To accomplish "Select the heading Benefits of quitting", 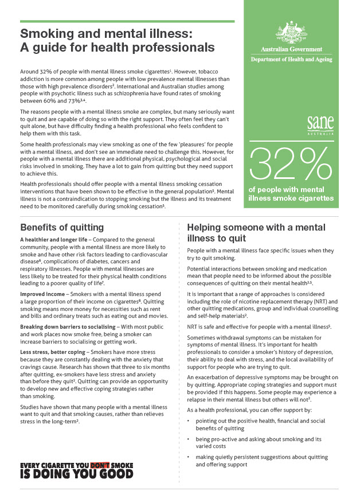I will pos(62,227).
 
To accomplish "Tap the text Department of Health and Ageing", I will pos(294,60).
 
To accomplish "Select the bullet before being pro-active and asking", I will pos(190,439).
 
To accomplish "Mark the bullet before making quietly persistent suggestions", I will pos(190,457).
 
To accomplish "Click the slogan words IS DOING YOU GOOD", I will pos(77,474).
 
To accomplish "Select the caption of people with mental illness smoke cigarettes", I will pos(291,194).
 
